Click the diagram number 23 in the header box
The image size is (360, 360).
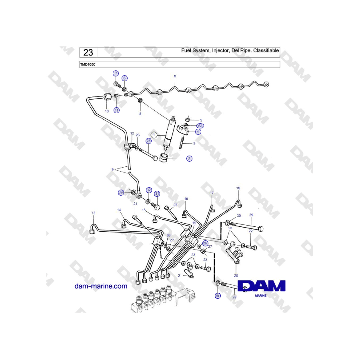[x=88, y=52]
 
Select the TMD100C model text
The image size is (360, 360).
[x=88, y=64]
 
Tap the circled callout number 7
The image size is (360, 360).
[x=116, y=74]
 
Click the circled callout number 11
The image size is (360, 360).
[x=117, y=110]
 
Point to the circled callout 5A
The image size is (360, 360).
[x=200, y=126]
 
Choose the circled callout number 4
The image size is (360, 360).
[x=198, y=132]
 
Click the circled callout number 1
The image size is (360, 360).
[x=154, y=135]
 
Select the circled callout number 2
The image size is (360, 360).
[x=189, y=159]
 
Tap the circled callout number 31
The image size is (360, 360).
[x=157, y=194]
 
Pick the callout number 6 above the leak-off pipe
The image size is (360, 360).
[x=175, y=76]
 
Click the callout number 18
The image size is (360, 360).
[x=238, y=188]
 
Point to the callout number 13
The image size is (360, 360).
[x=94, y=213]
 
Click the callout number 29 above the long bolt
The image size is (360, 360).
[x=251, y=215]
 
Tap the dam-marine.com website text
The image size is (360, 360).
[x=101, y=286]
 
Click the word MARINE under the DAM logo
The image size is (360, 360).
[x=261, y=296]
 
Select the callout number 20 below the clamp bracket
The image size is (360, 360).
[x=236, y=276]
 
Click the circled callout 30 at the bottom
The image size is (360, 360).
[x=218, y=296]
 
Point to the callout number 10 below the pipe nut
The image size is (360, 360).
[x=107, y=111]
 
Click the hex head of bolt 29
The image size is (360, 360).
[x=260, y=229]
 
